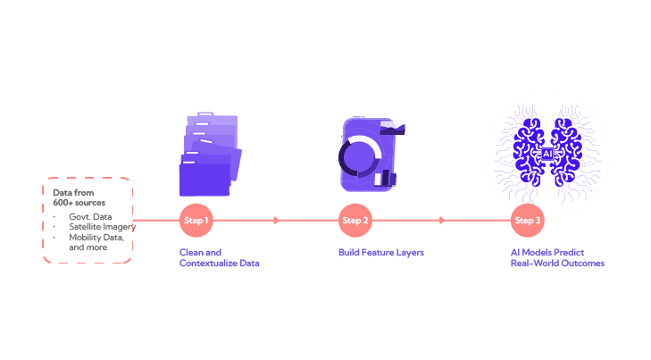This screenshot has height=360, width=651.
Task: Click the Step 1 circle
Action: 195,220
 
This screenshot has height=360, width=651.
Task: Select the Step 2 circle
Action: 355,220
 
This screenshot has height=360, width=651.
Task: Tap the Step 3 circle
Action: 526,220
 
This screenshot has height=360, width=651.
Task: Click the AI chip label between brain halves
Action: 547,154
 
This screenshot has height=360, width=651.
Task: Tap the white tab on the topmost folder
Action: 205,114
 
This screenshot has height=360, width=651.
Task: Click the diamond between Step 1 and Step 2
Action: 275,220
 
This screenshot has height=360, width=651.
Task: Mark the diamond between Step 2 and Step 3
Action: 440,220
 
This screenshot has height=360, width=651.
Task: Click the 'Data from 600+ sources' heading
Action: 73,197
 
